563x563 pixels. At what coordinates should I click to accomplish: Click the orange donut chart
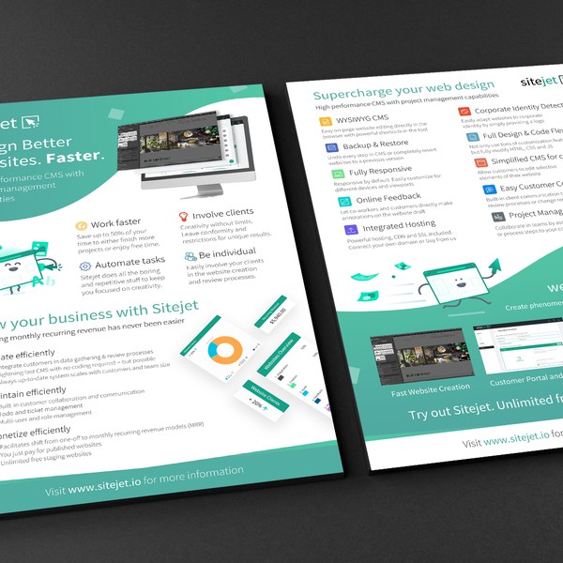click(224, 351)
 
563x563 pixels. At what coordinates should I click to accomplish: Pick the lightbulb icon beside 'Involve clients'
click(184, 216)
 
